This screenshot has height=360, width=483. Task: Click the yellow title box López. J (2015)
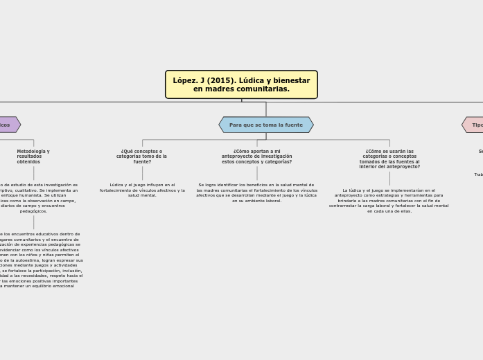pos(241,84)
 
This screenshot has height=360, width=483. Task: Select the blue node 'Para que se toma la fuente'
pos(266,125)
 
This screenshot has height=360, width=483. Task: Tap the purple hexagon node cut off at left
pos(8,125)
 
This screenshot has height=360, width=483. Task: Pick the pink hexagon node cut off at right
pos(474,125)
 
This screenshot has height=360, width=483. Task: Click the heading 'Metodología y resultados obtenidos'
pos(33,156)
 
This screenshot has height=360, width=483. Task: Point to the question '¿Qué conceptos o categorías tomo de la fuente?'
pos(141,156)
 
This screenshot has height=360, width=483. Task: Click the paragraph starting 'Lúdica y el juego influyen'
pos(142,190)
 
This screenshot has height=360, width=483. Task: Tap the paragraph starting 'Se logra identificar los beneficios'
pos(256,192)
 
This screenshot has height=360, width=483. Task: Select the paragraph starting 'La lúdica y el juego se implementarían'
pos(389,200)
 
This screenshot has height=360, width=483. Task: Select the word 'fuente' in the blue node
pos(294,125)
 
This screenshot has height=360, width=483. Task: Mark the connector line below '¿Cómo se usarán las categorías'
pos(389,179)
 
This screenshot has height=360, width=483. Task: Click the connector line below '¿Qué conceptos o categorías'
pos(142,173)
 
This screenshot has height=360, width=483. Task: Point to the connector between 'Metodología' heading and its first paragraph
pos(33,173)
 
